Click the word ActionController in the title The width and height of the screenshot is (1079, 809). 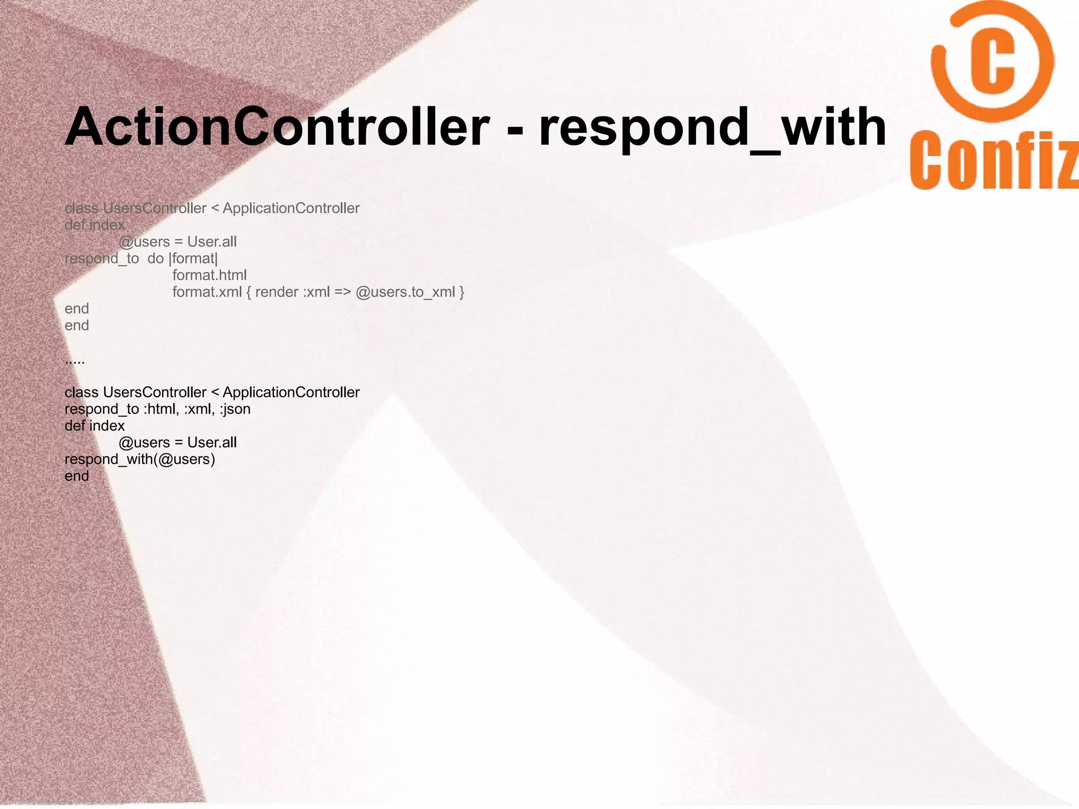pyautogui.click(x=277, y=127)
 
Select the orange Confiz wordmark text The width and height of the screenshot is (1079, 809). pyautogui.click(x=994, y=161)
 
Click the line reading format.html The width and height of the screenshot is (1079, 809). pyautogui.click(x=209, y=275)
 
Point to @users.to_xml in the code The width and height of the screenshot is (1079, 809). pyautogui.click(x=405, y=292)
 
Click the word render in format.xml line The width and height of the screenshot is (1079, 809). pyautogui.click(x=277, y=292)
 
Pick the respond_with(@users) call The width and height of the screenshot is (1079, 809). pyautogui.click(x=140, y=459)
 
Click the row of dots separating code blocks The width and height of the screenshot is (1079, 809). pyautogui.click(x=74, y=361)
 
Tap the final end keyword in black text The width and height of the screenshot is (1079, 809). pyautogui.click(x=76, y=476)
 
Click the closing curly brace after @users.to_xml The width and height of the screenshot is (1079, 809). pyautogui.click(x=462, y=292)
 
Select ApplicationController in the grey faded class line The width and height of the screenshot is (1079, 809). pyautogui.click(x=291, y=208)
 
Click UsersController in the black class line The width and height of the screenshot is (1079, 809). pyautogui.click(x=154, y=392)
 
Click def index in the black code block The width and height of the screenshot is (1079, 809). pyautogui.click(x=94, y=426)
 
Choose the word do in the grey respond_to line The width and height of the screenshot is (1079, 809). pyautogui.click(x=155, y=258)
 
